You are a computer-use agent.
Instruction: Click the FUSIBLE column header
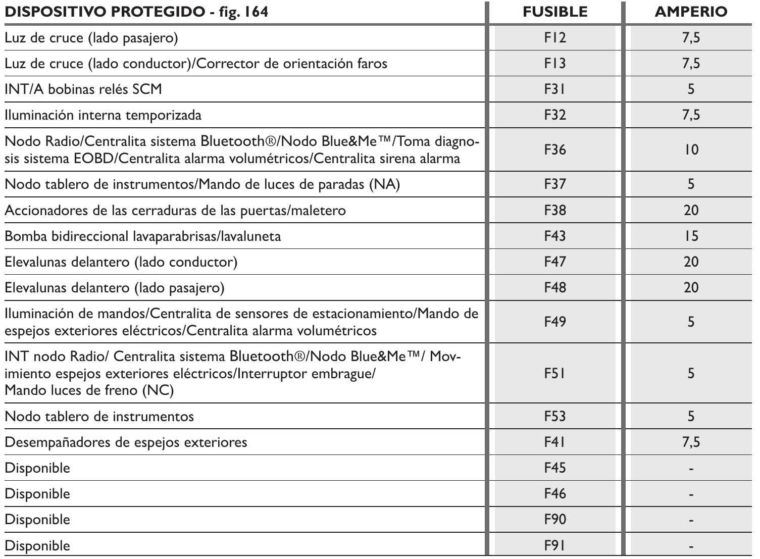click(x=555, y=12)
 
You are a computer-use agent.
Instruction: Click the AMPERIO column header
click(x=691, y=12)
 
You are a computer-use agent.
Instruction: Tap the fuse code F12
click(x=555, y=38)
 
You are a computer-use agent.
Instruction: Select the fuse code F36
click(x=555, y=150)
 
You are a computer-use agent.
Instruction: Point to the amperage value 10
click(x=691, y=150)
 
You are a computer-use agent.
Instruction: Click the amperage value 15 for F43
click(x=691, y=236)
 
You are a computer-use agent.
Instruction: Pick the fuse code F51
click(x=555, y=373)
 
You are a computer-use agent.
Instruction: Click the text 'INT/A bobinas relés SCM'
click(x=83, y=89)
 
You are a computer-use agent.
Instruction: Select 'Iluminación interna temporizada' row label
click(x=103, y=115)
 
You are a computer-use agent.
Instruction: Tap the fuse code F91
click(x=555, y=545)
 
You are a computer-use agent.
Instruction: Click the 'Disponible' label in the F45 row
click(x=37, y=468)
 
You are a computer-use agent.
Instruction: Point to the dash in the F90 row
click(x=691, y=520)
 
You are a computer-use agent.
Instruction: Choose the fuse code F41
click(x=555, y=442)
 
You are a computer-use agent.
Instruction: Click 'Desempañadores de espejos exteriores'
click(x=126, y=442)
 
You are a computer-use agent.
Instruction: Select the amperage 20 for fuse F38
click(x=691, y=210)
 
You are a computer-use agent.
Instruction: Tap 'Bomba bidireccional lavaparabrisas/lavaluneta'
click(x=143, y=236)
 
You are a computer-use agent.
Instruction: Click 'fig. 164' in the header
click(x=242, y=12)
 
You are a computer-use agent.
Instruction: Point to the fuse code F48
click(x=555, y=287)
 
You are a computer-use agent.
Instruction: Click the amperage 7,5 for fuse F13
click(x=691, y=64)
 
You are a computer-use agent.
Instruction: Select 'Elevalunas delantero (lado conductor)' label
click(x=121, y=262)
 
